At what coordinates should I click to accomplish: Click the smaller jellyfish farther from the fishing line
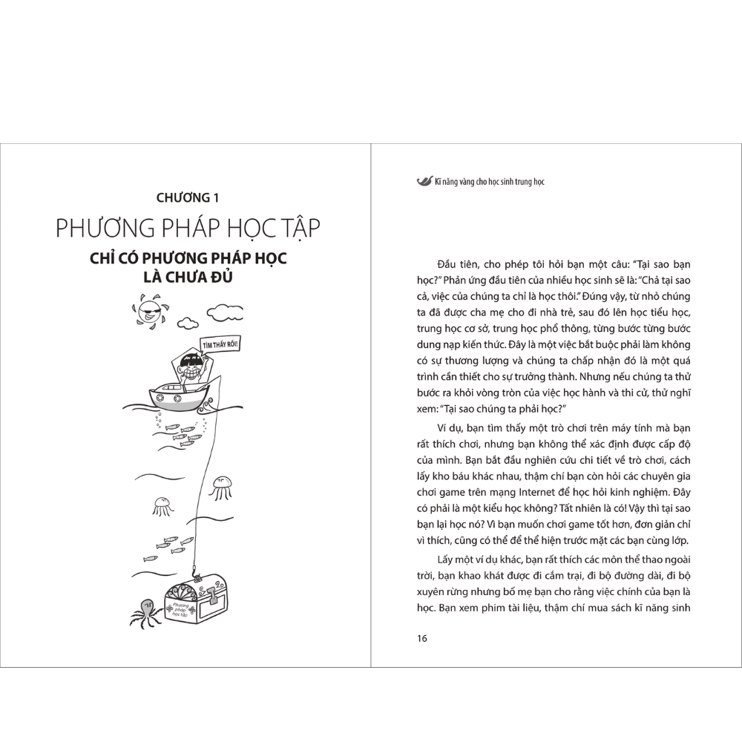click(x=160, y=505)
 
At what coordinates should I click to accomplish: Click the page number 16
click(x=422, y=639)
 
